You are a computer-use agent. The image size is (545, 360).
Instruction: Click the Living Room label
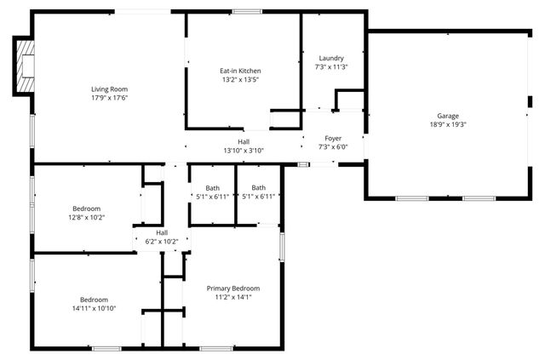110,89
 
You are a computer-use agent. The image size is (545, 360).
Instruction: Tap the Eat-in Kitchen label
240,71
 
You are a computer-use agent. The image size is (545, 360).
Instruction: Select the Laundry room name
331,58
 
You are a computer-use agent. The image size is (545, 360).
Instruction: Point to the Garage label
448,116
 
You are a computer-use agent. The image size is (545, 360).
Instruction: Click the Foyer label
333,138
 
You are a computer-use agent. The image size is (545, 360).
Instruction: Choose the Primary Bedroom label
233,289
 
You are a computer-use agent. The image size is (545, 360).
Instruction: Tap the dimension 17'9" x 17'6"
110,97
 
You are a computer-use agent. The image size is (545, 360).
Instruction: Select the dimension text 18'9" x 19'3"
448,124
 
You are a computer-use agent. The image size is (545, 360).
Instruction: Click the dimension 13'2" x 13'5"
240,79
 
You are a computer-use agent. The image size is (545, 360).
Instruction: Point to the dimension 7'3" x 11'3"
331,66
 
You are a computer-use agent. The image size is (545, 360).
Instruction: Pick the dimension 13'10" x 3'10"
244,151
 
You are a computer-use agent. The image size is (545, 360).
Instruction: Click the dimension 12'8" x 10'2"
86,217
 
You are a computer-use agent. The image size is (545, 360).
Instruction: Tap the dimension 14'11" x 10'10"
94,308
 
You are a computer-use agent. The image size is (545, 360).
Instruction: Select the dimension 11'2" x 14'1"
233,297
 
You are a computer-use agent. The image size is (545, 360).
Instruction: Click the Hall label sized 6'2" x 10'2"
162,232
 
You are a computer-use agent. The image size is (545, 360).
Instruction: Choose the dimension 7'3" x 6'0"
333,146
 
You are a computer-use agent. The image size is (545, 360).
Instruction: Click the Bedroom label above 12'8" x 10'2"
86,209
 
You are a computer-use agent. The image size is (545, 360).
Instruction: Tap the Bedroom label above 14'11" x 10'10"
94,300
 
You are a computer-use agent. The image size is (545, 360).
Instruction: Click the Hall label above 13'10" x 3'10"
244,142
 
